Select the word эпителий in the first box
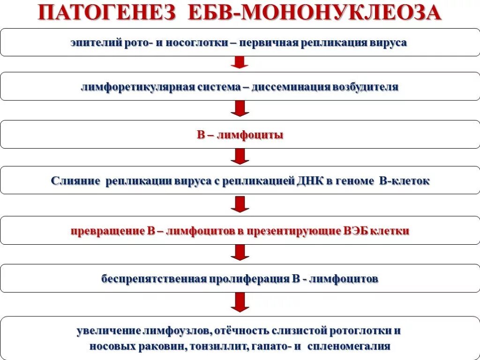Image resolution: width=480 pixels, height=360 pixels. (96, 43)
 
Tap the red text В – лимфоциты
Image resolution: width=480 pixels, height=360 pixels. (240, 135)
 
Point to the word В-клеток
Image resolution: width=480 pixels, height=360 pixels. (404, 181)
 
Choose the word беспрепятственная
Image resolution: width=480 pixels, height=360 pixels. (154, 279)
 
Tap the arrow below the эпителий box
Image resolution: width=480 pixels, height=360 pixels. (240, 62)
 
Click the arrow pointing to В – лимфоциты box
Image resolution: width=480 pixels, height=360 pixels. (240, 109)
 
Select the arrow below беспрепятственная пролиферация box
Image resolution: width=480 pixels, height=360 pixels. (240, 302)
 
